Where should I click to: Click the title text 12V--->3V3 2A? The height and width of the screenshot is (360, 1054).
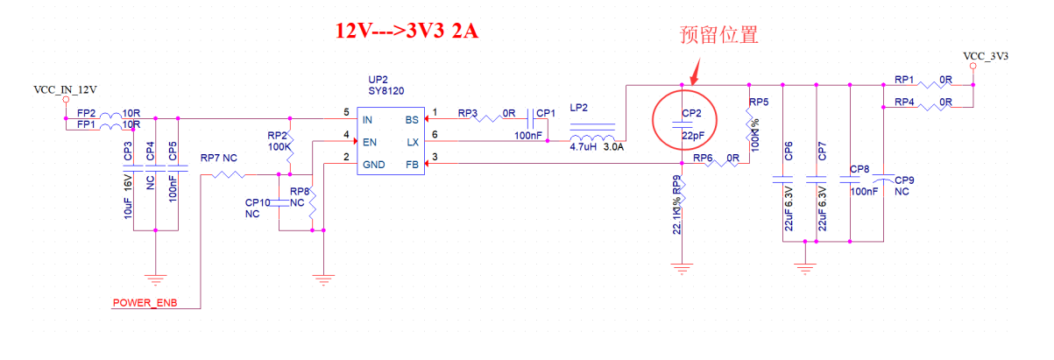coord(408,32)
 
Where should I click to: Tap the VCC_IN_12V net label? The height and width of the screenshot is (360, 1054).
coord(65,89)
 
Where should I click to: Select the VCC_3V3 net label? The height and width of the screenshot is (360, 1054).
coord(986,56)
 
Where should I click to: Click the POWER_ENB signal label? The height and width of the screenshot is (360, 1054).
coord(144,303)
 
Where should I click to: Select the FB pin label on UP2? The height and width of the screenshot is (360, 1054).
coord(411,164)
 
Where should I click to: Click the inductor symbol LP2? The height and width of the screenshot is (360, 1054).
coord(592,138)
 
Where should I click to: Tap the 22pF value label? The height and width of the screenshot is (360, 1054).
coord(694,137)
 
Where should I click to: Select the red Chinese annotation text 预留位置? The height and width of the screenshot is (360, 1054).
coord(718,35)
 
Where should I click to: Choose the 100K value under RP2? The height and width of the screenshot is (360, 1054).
coord(279,147)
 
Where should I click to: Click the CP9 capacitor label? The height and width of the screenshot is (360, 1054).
coord(905,179)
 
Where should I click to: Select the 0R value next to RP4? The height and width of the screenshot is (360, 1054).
coord(945,102)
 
